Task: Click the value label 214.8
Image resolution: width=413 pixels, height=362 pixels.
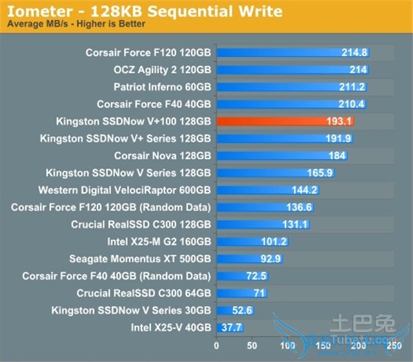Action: click(x=354, y=52)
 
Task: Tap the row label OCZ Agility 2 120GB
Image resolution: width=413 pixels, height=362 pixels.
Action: click(x=162, y=70)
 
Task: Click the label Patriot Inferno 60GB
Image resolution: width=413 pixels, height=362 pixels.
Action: click(x=162, y=87)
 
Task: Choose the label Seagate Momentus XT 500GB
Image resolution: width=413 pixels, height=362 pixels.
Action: click(x=140, y=259)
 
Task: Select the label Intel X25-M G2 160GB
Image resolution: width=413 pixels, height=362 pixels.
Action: click(x=159, y=242)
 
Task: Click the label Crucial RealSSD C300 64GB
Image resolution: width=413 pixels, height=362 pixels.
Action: click(x=144, y=293)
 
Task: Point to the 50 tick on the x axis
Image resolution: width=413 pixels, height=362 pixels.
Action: click(x=252, y=345)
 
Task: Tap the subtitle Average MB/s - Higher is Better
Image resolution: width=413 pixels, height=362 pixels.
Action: click(x=76, y=24)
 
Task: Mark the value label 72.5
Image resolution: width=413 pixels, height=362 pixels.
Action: click(x=256, y=276)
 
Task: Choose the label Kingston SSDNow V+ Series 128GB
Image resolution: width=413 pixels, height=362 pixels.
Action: click(x=125, y=138)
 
